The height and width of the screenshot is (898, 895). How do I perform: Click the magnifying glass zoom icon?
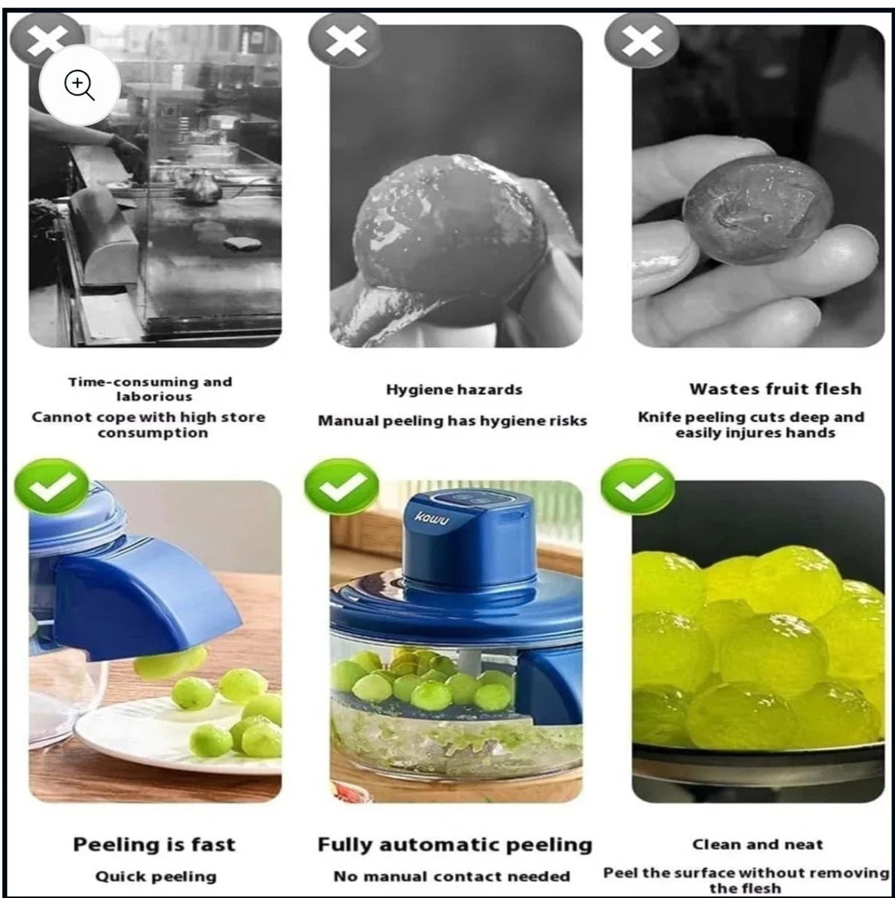pyautogui.click(x=80, y=86)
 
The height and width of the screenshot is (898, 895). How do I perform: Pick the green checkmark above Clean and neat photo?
pyautogui.click(x=637, y=487)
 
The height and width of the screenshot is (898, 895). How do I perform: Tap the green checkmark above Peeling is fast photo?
pyautogui.click(x=50, y=487)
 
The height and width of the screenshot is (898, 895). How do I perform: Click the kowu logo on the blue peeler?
pyautogui.click(x=433, y=518)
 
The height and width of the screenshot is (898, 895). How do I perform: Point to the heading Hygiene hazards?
pyautogui.click(x=454, y=389)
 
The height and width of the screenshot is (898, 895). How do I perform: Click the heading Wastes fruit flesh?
pyautogui.click(x=775, y=389)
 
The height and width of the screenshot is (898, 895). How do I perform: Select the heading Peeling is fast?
pyautogui.click(x=154, y=844)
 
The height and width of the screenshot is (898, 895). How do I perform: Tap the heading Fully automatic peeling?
pyautogui.click(x=454, y=844)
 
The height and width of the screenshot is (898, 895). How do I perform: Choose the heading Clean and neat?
pyautogui.click(x=757, y=844)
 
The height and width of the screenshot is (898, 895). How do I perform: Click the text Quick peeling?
pyautogui.click(x=156, y=876)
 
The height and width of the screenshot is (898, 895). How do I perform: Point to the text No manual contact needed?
pyautogui.click(x=452, y=876)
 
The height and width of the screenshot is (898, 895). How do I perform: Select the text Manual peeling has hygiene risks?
pyautogui.click(x=452, y=421)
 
